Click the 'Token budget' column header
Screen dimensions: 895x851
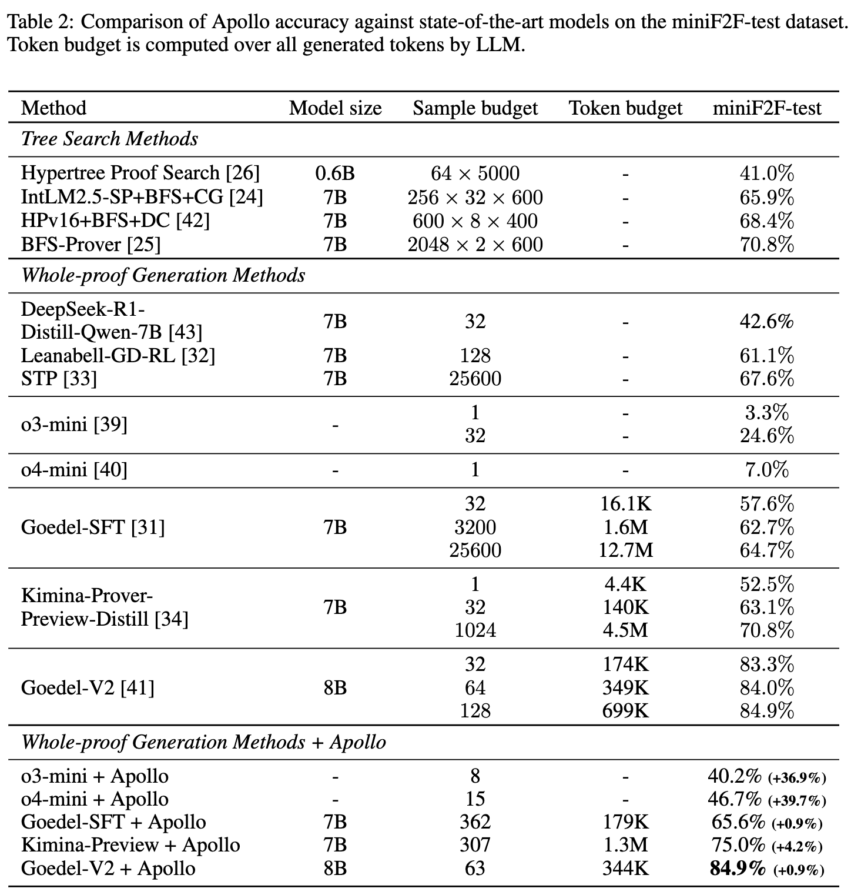click(625, 108)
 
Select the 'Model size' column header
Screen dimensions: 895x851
click(335, 108)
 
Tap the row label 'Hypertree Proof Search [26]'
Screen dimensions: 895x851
click(140, 173)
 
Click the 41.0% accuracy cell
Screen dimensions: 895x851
click(766, 173)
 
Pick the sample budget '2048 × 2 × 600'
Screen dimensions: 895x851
click(475, 244)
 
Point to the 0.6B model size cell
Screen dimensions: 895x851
click(335, 173)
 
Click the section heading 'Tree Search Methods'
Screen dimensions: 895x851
click(109, 139)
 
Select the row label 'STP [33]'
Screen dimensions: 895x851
click(59, 378)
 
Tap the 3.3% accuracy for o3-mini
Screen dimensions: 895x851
click(766, 413)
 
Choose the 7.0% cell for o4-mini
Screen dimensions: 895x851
click(766, 469)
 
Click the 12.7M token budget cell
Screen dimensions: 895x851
click(625, 550)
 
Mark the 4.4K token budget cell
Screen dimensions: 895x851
click(625, 584)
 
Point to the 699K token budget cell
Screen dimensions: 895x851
click(625, 710)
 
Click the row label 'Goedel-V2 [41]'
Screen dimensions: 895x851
click(88, 687)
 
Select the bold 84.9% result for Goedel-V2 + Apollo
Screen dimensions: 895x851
click(738, 868)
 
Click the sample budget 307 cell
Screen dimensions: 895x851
click(475, 845)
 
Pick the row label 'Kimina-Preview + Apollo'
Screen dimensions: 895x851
click(130, 845)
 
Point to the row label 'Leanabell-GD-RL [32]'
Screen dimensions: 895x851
click(118, 355)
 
